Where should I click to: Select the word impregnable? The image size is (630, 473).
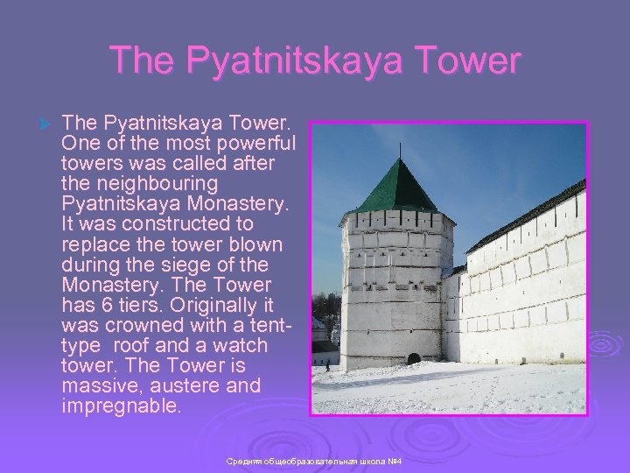click(121, 406)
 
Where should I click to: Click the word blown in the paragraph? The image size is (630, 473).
click(262, 244)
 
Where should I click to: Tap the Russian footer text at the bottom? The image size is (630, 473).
click(314, 461)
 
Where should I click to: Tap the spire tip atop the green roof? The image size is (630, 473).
click(398, 159)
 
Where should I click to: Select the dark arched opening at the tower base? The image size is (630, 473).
click(414, 359)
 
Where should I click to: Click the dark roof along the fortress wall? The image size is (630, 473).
click(525, 215)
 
